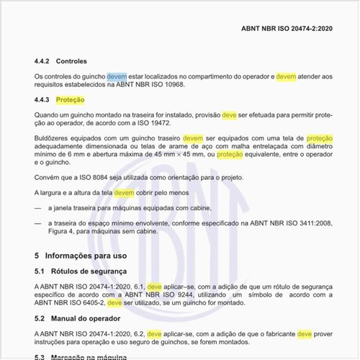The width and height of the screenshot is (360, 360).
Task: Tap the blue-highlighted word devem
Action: click(117, 76)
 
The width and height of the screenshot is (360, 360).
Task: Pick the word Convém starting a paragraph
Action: click(48, 178)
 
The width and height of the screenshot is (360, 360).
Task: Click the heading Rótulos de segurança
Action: click(89, 271)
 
